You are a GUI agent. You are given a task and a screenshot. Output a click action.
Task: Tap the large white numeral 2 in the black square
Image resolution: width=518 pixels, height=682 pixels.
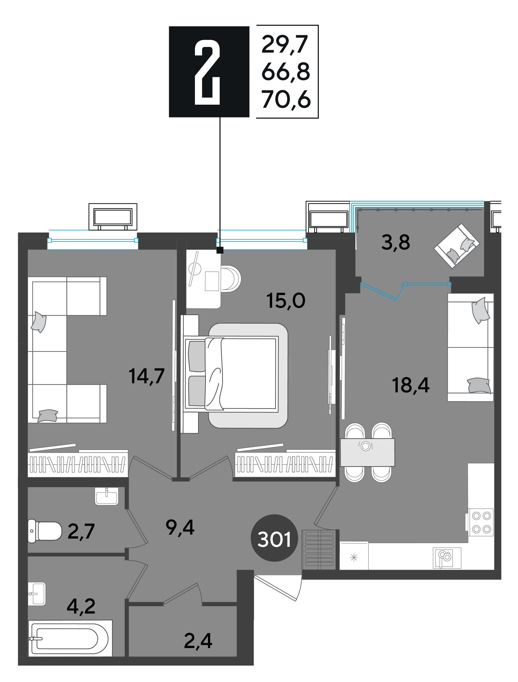tap(207, 72)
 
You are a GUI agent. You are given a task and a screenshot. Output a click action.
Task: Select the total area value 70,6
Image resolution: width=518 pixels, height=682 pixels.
tap(286, 100)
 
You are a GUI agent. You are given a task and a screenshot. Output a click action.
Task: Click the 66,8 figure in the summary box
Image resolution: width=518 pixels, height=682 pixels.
tap(286, 72)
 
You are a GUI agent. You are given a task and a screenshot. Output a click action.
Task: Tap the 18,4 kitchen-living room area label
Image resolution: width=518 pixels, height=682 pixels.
tap(410, 385)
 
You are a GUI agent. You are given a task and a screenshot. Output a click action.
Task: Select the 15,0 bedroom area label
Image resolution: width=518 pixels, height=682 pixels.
tap(286, 301)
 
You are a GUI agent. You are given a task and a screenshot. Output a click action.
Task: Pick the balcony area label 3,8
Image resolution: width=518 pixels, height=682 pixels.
tap(396, 243)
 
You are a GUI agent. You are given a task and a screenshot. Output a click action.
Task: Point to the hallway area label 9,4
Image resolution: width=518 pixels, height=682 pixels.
tap(180, 528)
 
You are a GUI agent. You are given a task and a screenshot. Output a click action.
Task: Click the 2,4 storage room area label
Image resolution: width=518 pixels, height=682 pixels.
tap(198, 641)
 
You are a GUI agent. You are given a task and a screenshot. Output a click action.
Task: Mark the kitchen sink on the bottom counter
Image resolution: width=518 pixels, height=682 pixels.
tap(447, 558)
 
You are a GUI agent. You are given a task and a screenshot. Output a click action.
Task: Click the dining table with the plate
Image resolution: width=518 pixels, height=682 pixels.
tap(367, 452)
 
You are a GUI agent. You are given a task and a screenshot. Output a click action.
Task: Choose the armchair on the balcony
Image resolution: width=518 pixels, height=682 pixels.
tap(457, 246)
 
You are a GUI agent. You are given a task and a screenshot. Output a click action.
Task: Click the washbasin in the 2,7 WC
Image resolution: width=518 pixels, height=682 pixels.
tap(106, 496)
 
